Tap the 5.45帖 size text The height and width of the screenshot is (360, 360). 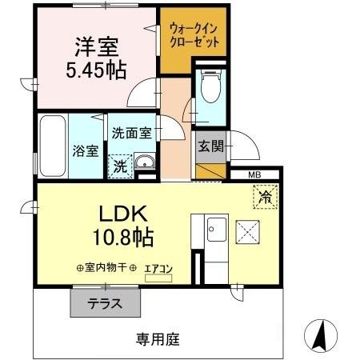pos(96,70)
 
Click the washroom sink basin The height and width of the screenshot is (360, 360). pos(146,166)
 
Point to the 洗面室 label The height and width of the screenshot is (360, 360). pos(131,134)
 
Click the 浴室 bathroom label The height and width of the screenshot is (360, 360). pos(84,149)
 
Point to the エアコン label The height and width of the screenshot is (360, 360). pos(158,270)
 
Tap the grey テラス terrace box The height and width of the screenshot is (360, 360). pos(105,302)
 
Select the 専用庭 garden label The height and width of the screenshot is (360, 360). pos(157,338)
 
